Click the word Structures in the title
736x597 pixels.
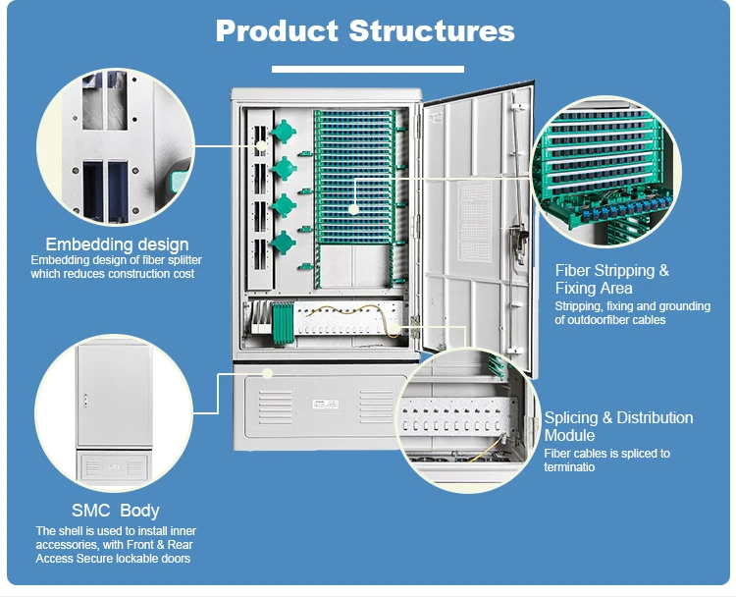point(431,30)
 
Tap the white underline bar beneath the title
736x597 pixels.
point(367,69)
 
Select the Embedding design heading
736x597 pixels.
point(117,244)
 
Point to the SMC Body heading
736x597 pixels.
point(115,511)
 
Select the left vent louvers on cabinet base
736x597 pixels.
point(276,405)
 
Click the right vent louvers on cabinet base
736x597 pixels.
point(376,405)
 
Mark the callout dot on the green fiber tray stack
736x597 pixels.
point(354,207)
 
